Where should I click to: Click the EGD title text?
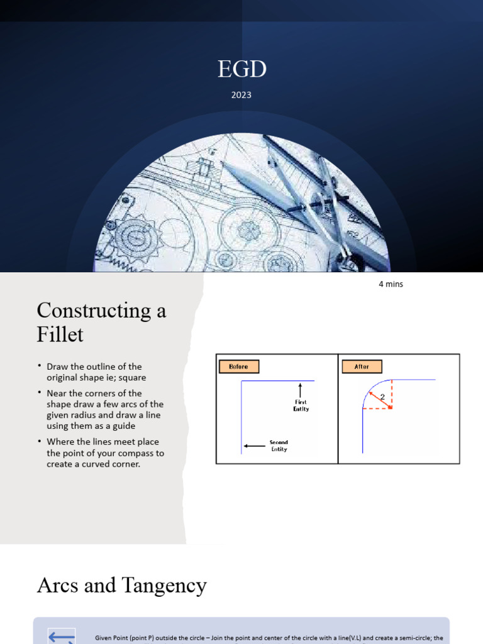point(241,70)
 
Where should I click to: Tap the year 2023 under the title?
point(241,95)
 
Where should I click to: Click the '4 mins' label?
point(391,284)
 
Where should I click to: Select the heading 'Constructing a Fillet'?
point(101,321)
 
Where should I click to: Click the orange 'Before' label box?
point(238,367)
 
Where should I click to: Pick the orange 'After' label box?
point(362,367)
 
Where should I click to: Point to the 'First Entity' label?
point(301,406)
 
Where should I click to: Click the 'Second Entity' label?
point(279,446)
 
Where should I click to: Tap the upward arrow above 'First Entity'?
point(301,390)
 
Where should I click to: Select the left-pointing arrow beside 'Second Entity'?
point(253,446)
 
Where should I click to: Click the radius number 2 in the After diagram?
point(382,397)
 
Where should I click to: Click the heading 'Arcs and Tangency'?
point(121,586)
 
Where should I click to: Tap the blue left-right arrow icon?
point(62,636)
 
